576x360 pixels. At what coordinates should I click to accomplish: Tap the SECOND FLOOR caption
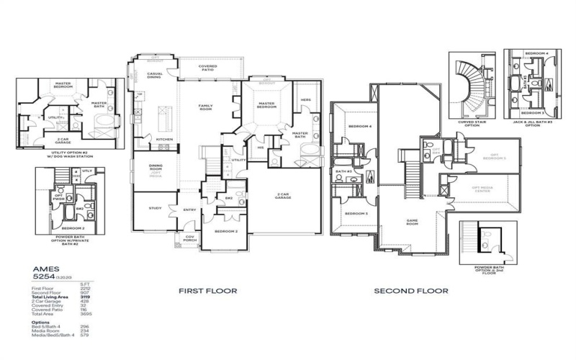[410, 291]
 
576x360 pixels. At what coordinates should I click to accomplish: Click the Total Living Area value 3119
[84, 297]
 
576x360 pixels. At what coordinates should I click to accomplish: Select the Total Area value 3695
[84, 314]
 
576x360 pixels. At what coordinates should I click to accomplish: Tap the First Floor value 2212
[84, 288]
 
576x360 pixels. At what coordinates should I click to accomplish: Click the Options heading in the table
[41, 323]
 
